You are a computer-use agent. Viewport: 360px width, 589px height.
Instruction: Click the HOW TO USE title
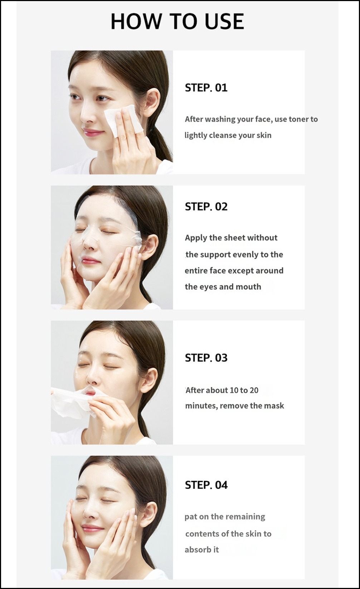(177, 21)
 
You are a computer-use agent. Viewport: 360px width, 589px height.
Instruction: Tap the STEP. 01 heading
(206, 88)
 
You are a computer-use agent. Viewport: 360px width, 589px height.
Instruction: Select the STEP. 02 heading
(206, 207)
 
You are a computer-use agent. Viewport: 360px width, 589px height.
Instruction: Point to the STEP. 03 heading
(206, 358)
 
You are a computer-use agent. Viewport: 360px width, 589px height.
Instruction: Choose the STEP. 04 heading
(206, 485)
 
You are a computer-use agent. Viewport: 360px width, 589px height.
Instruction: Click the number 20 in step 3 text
(254, 390)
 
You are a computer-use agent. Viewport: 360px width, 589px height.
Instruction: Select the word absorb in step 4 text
(197, 550)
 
